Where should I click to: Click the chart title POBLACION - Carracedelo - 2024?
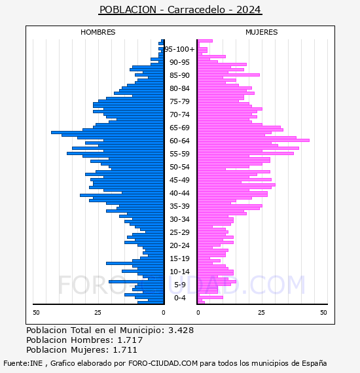click(x=180, y=10)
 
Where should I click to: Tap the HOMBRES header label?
click(x=98, y=32)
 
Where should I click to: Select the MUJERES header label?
click(x=262, y=32)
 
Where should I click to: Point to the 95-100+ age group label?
click(x=179, y=49)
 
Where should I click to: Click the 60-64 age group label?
click(x=179, y=141)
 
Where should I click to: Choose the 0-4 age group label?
click(x=180, y=298)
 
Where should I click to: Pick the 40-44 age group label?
click(x=179, y=193)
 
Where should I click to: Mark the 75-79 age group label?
click(x=179, y=101)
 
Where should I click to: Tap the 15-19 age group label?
click(x=179, y=258)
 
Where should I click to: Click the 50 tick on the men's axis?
click(x=36, y=313)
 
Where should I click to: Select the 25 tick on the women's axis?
click(x=261, y=313)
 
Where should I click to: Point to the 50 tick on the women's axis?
click(x=323, y=313)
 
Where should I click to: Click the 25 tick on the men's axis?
click(x=98, y=313)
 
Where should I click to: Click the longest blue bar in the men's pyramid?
click(x=107, y=132)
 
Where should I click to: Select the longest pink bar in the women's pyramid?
click(x=253, y=140)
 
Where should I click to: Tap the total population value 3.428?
click(x=181, y=330)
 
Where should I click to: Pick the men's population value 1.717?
click(x=130, y=340)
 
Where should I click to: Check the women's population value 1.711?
click(x=125, y=350)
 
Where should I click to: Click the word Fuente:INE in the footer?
click(x=23, y=363)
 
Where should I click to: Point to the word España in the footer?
click(x=314, y=364)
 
